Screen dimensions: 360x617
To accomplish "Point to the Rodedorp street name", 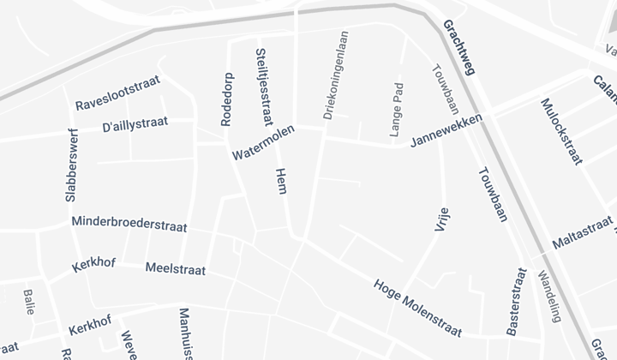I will point(226,99).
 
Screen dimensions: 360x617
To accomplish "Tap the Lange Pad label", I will point(396,110).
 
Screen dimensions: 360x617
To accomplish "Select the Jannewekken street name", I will point(446,128).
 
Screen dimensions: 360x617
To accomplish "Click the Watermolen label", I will point(263,142).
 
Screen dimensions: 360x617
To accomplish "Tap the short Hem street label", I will point(280,181).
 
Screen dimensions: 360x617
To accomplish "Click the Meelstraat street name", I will point(176,269).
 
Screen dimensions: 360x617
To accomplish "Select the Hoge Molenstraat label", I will point(418,307).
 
